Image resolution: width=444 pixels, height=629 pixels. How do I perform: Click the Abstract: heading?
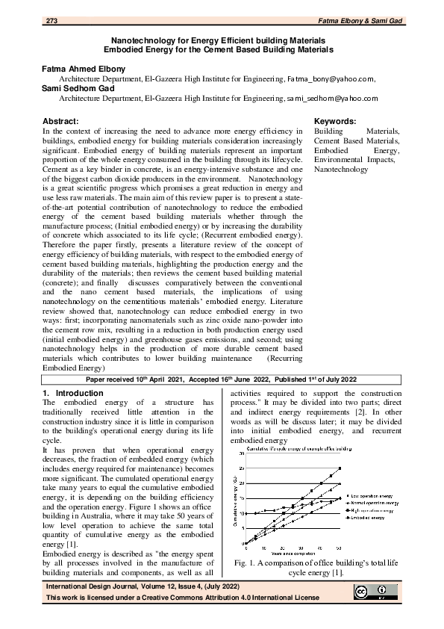tap(60, 121)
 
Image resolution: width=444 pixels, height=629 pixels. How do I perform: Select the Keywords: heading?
tap(335, 121)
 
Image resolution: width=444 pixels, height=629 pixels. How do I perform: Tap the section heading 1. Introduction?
tap(68, 393)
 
